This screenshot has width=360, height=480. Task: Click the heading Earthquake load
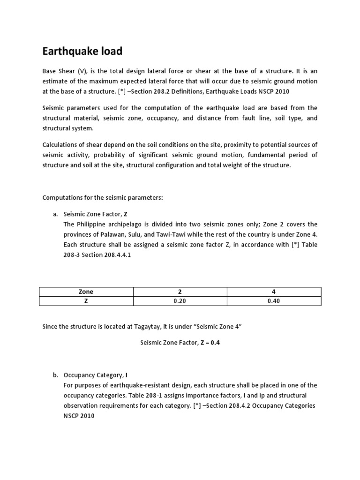pos(82,51)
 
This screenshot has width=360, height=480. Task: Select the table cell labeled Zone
pos(86,292)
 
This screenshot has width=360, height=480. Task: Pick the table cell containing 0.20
pos(180,301)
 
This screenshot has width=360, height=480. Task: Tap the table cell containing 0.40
pos(273,301)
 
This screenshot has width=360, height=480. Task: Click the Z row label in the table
pos(86,301)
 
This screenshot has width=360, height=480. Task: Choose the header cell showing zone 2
pos(180,292)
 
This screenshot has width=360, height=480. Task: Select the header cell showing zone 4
pos(273,292)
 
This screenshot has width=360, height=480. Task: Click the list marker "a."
pos(55,214)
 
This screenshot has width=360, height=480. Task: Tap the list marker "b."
pos(55,375)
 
